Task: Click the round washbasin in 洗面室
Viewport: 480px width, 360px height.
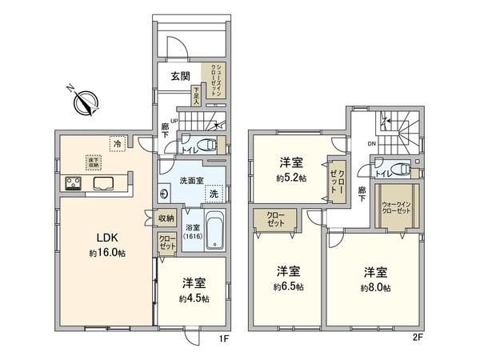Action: click(x=165, y=193)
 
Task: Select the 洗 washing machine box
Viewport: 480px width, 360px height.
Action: click(x=214, y=194)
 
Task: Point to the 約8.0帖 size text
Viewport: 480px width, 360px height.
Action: click(x=374, y=287)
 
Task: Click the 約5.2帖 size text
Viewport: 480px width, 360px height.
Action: click(x=289, y=178)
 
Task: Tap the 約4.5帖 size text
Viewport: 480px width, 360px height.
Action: click(x=194, y=298)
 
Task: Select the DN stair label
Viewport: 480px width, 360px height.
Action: click(x=370, y=143)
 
